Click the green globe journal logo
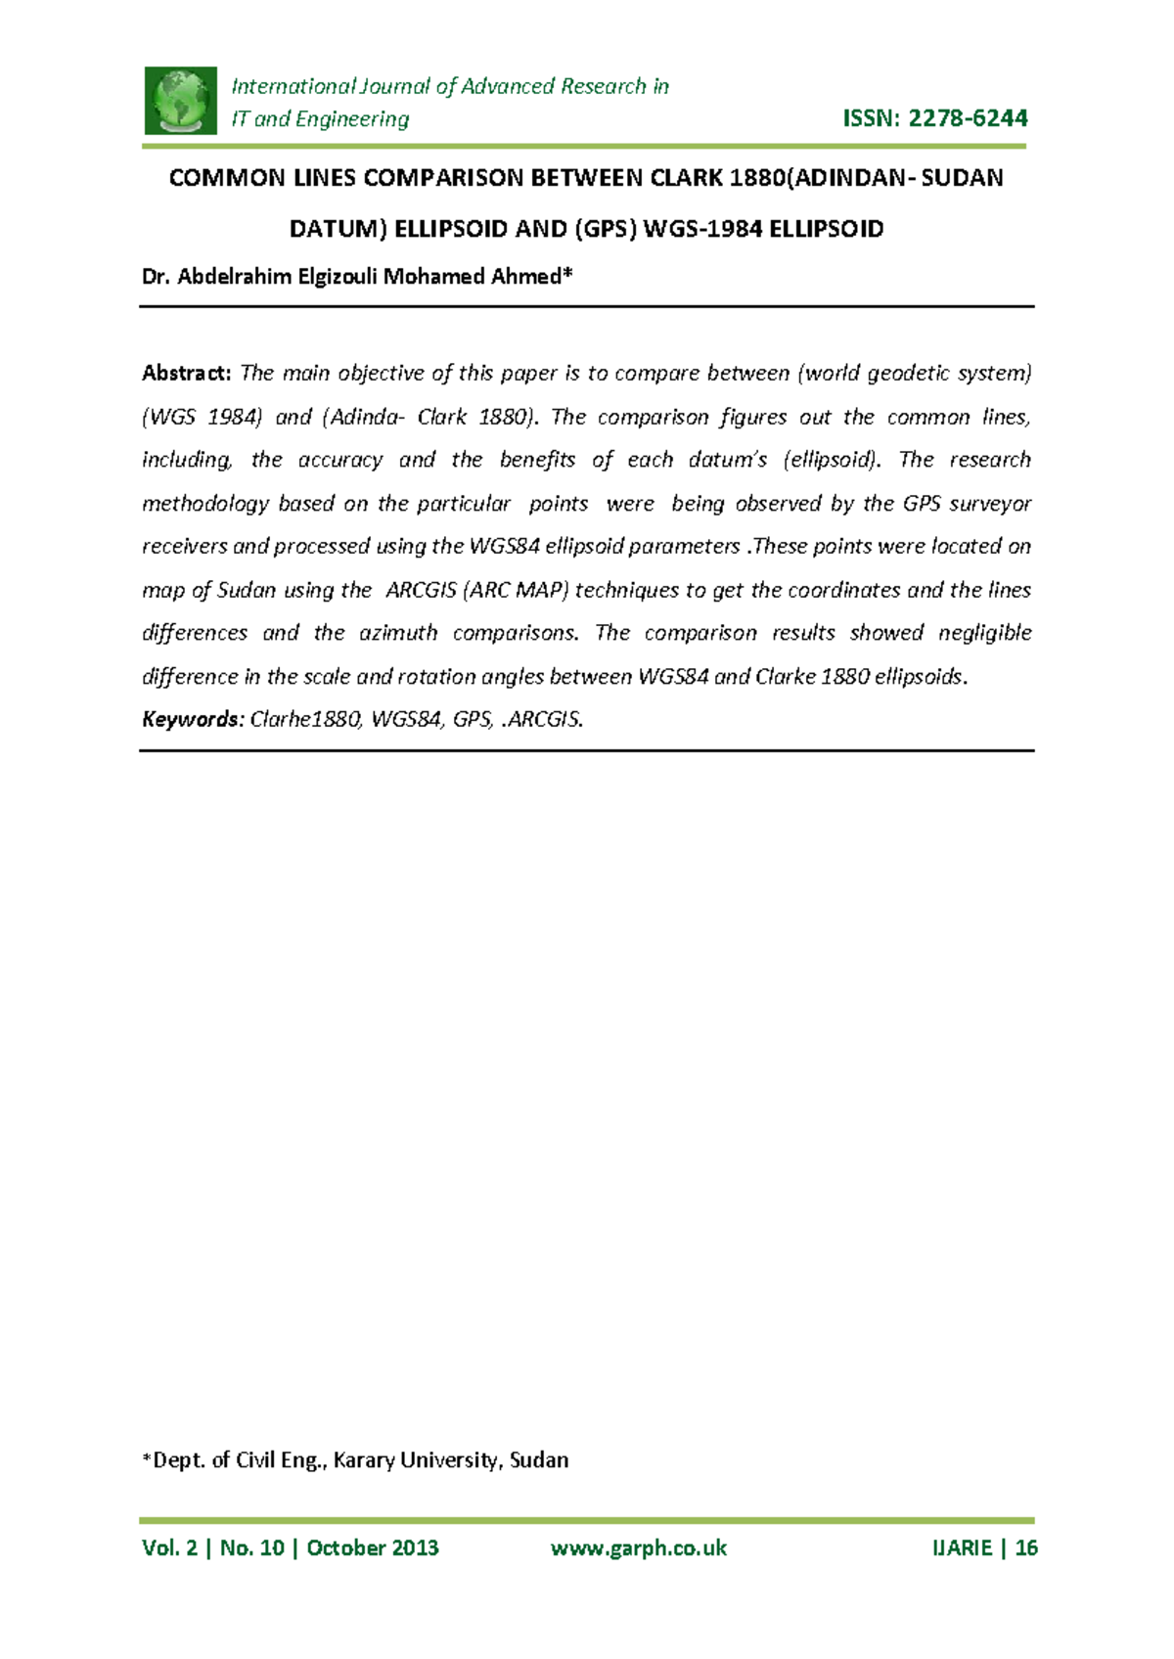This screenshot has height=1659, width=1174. tap(180, 101)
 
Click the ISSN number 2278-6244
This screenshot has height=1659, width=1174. tap(968, 118)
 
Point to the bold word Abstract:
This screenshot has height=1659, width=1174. tap(186, 374)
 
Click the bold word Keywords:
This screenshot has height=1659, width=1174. tap(192, 720)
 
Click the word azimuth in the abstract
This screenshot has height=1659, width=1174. tap(397, 633)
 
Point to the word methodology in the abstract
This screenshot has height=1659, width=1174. tap(204, 504)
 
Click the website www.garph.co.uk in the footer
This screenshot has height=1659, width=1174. tap(639, 1547)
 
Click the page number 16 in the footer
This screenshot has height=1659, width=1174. tap(1025, 1547)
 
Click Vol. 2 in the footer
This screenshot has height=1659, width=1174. tap(169, 1547)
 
